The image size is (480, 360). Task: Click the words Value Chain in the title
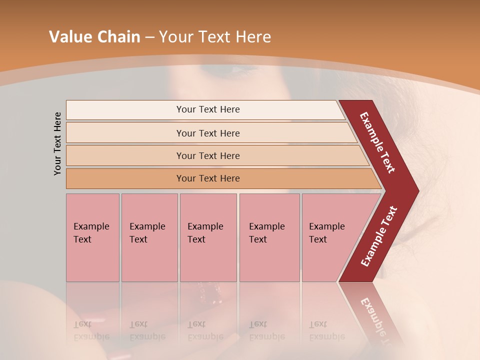[94, 37]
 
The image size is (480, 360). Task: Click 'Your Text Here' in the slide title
[215, 37]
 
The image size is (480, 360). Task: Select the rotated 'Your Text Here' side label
[57, 143]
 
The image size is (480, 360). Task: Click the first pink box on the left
[92, 237]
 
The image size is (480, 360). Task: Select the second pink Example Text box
[149, 237]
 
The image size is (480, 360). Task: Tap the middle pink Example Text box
[208, 237]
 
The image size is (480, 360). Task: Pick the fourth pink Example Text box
[269, 237]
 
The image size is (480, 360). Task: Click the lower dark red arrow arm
[378, 237]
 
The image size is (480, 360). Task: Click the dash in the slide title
[149, 37]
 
